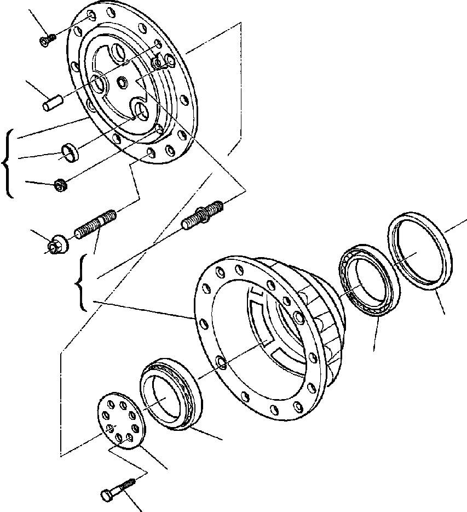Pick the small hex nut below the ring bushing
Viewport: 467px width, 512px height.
tap(61, 185)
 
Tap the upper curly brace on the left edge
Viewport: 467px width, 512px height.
tap(8, 163)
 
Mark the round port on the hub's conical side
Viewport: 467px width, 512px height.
tap(298, 317)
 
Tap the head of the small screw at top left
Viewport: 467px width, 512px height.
tap(45, 42)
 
